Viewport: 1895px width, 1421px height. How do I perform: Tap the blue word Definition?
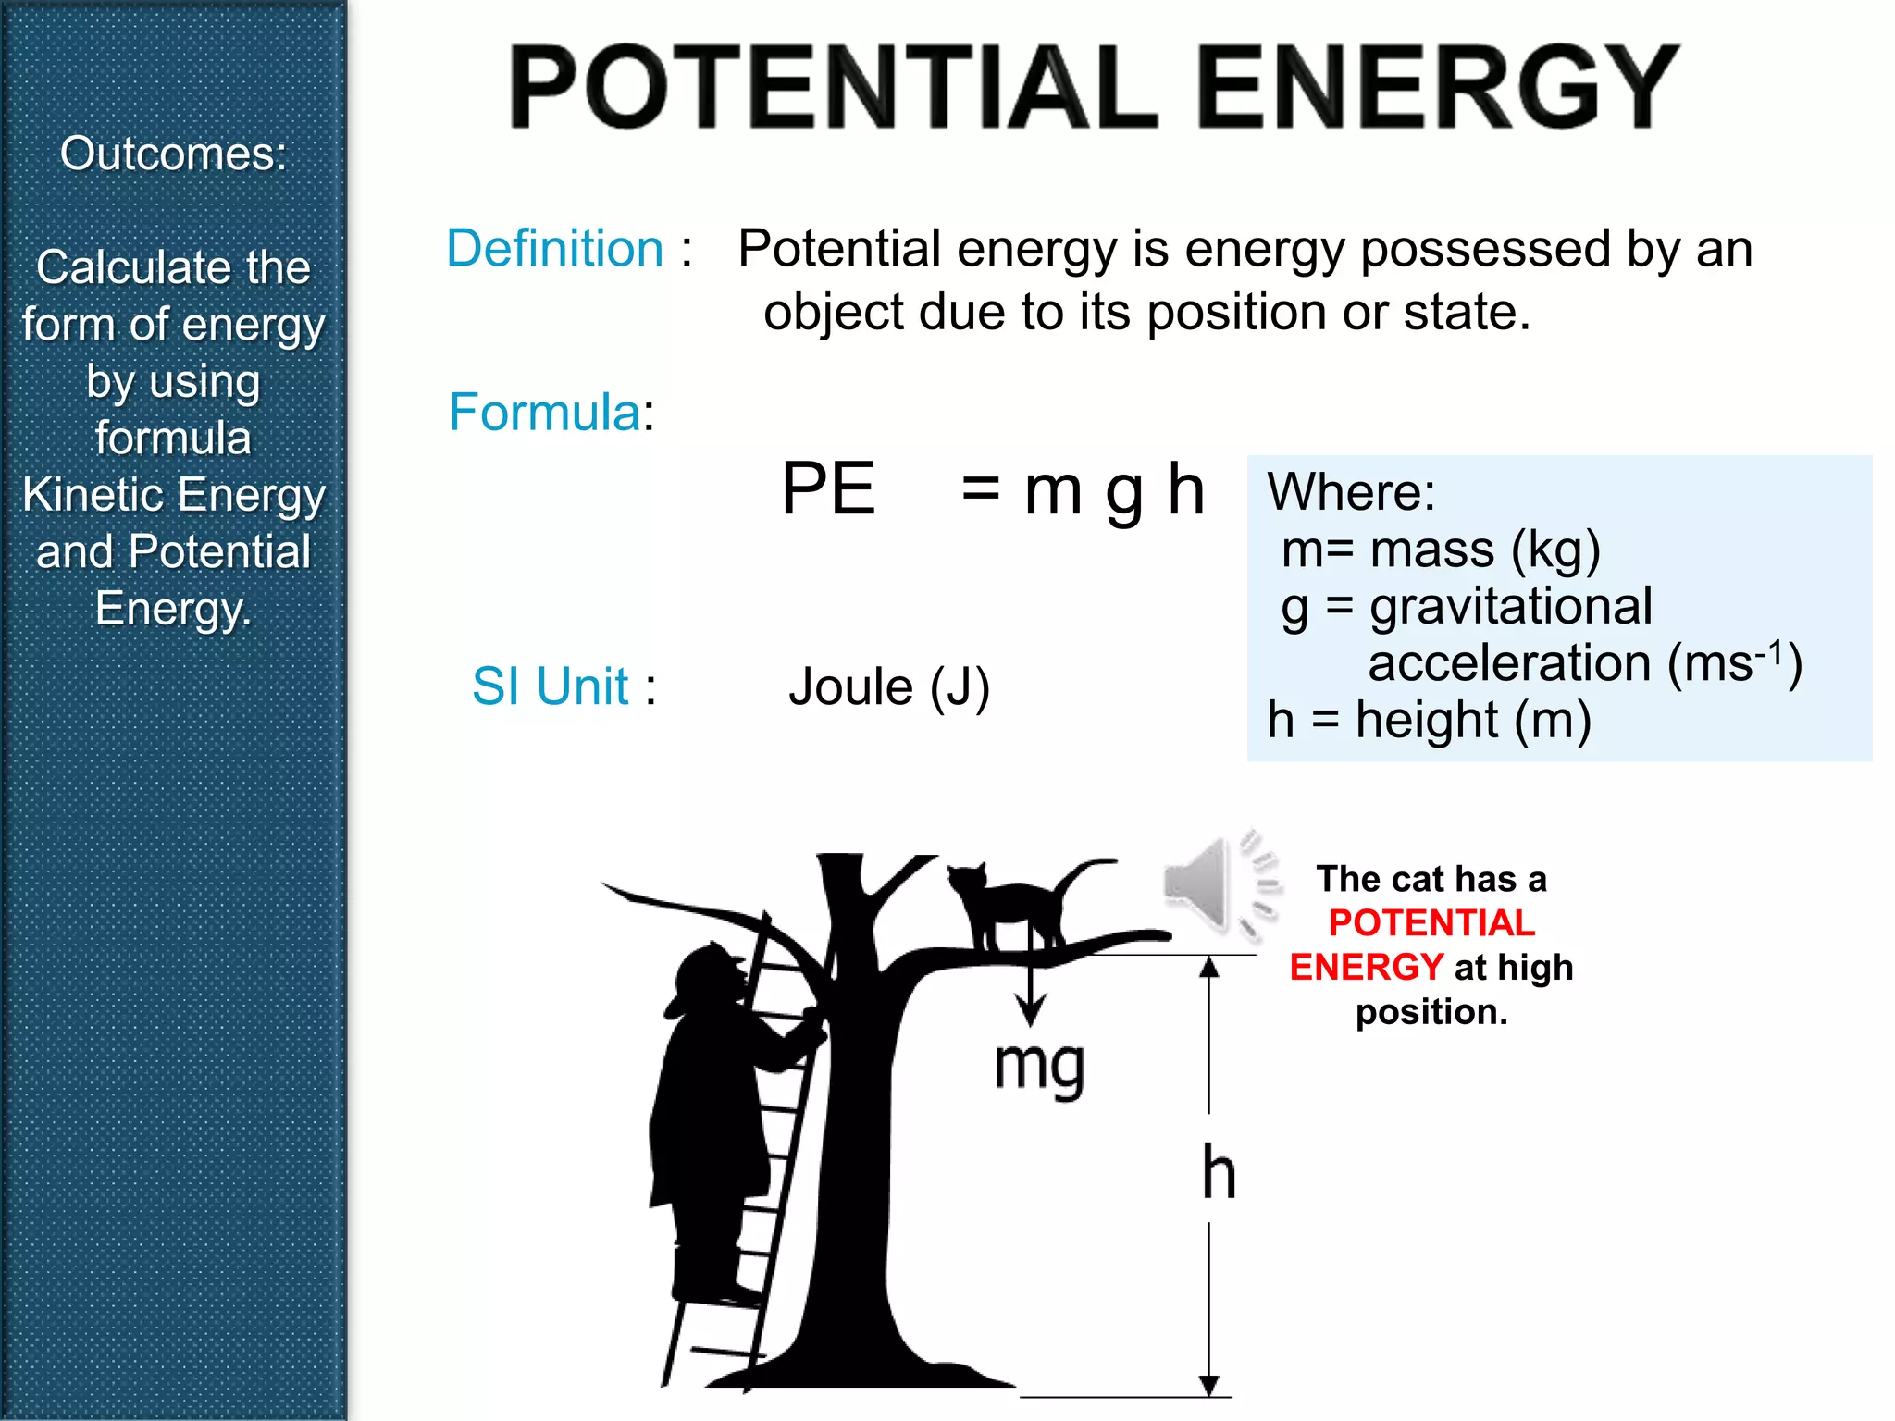pos(555,249)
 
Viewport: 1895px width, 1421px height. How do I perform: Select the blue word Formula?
pos(545,412)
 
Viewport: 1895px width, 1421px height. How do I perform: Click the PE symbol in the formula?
pos(828,488)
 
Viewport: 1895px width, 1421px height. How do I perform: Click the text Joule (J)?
pos(889,687)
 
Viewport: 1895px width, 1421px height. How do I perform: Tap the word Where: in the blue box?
pos(1351,491)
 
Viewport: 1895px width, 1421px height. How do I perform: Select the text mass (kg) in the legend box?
pos(1485,550)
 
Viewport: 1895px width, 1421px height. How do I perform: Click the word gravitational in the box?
pos(1511,607)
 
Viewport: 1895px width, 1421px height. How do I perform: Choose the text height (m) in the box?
pos(1473,720)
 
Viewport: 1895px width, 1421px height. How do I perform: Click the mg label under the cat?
pos(1039,1067)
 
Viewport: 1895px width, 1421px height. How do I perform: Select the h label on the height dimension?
pos(1219,1171)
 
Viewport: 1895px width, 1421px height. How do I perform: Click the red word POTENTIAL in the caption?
pos(1431,922)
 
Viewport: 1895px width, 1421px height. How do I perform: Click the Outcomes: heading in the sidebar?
pos(174,154)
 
